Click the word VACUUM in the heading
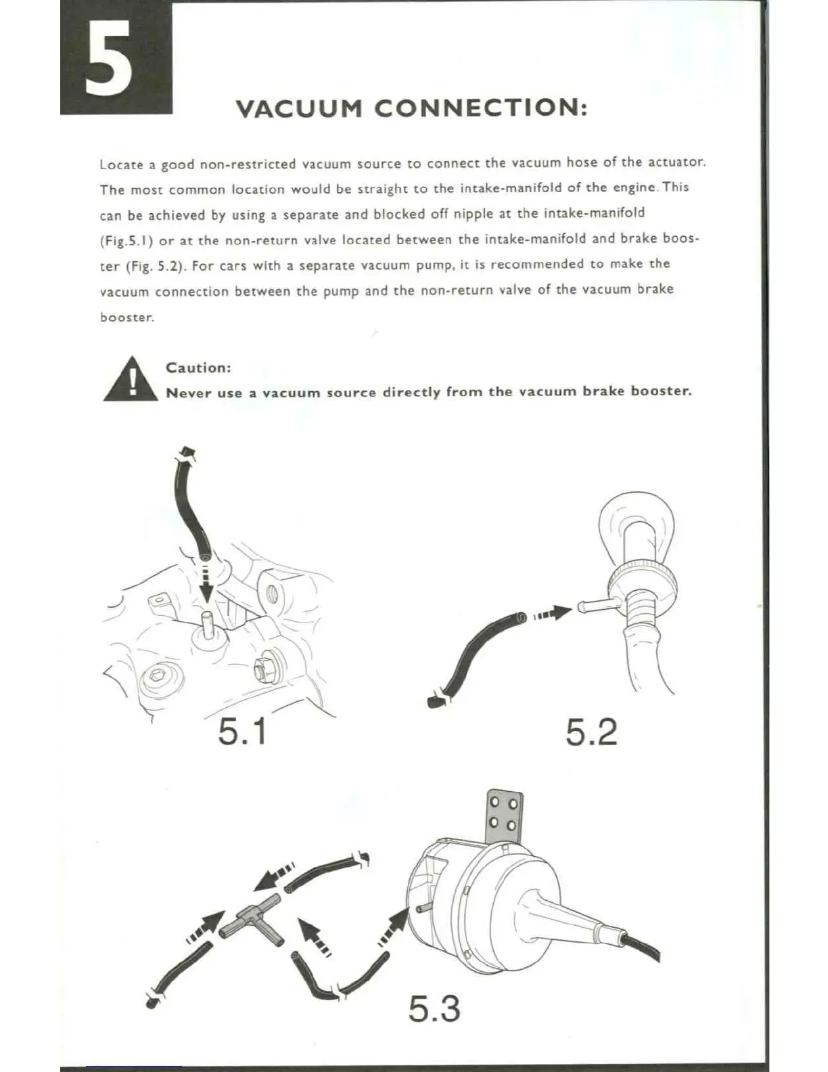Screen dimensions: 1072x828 294,108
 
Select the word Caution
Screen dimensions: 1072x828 198,367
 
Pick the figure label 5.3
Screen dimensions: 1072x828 434,1008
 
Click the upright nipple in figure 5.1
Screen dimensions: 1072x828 207,623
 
